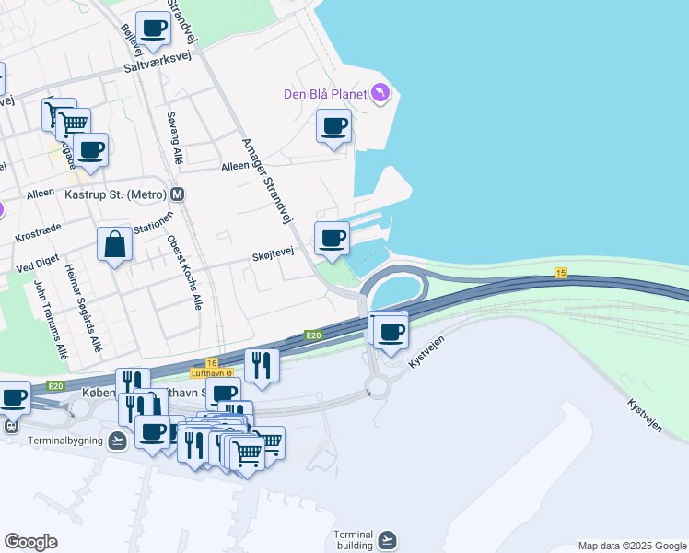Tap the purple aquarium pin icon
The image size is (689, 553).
tap(380, 93)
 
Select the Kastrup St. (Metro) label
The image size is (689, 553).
tap(115, 195)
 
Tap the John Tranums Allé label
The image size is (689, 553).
tap(51, 319)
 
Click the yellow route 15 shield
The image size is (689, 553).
tap(560, 272)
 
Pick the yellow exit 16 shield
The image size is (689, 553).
tap(212, 363)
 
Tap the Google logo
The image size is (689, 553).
tap(30, 542)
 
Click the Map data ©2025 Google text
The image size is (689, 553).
tap(631, 546)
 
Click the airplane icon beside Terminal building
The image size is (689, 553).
tap(387, 538)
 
